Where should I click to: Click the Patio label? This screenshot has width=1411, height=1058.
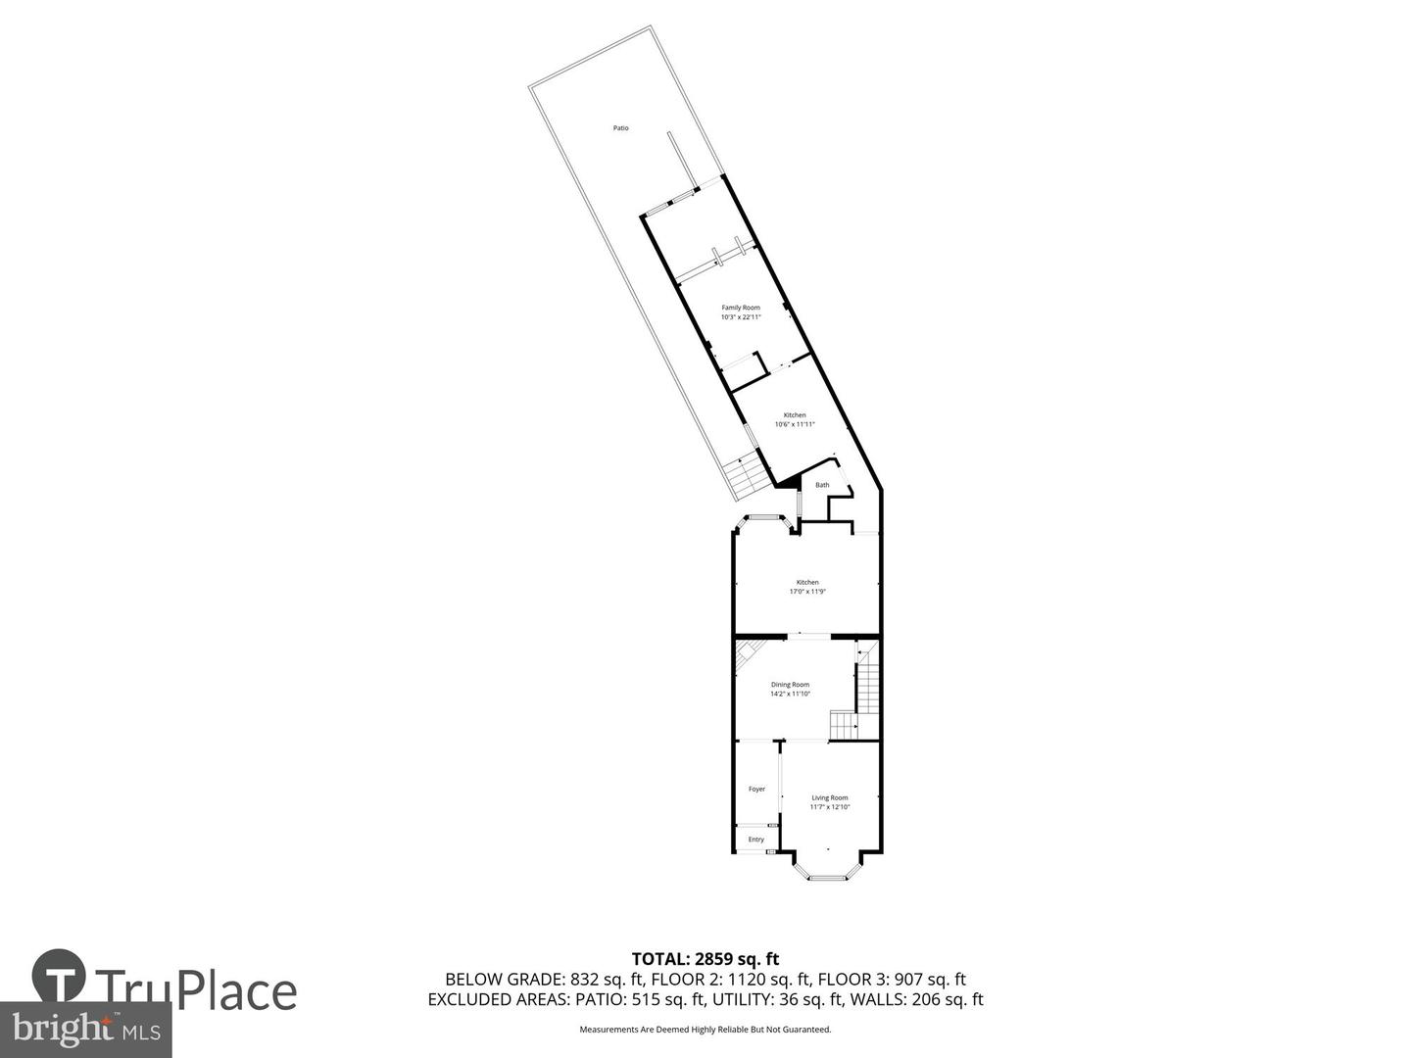point(620,128)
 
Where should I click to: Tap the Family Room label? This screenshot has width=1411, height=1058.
point(741,308)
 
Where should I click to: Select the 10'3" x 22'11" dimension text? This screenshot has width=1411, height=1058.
point(741,317)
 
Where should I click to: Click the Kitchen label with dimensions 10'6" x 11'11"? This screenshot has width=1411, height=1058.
point(795,415)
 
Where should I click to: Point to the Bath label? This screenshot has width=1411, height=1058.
point(822,485)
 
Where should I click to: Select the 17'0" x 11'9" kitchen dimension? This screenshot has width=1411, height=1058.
point(807,592)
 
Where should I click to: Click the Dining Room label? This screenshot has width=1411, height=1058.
point(790,685)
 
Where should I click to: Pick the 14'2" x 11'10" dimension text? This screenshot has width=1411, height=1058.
point(790,695)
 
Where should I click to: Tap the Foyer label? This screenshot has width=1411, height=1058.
point(756,789)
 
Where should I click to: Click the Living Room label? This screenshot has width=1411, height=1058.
point(830,797)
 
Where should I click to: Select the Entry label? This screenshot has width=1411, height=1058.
point(755,840)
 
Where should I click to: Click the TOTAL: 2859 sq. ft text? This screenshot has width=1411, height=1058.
point(705,959)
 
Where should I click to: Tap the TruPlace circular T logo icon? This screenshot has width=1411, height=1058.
point(59,976)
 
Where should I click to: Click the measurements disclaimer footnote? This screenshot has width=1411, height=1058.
point(705,1030)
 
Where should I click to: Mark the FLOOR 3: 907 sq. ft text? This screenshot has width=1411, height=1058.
point(892,980)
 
